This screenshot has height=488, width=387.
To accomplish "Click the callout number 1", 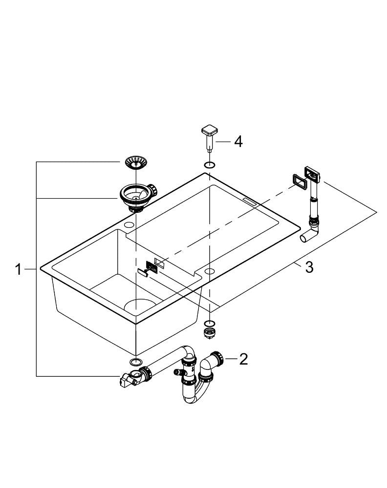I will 18,269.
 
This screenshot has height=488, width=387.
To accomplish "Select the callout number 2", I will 243,360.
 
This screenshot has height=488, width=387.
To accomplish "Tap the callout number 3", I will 309,267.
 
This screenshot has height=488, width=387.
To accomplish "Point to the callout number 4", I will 238,142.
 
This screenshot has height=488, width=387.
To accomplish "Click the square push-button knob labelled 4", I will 209,133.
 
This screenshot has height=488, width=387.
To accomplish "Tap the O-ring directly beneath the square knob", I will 209,164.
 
